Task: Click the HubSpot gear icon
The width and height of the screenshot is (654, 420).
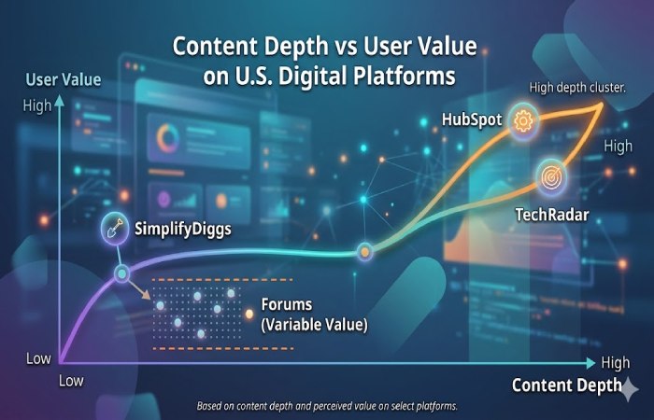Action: coord(522,120)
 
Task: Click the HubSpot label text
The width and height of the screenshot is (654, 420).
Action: coord(471,121)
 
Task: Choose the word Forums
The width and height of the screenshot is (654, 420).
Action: coord(287,305)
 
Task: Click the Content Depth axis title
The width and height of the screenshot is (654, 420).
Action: coord(565,385)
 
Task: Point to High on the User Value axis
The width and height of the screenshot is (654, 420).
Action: coord(37,105)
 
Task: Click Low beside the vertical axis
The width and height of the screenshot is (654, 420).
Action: coord(38,358)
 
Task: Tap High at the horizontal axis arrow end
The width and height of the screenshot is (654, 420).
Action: coord(616,362)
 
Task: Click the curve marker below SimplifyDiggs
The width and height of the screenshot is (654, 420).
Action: coord(121,273)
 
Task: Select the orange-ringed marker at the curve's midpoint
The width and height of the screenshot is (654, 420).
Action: coord(364,251)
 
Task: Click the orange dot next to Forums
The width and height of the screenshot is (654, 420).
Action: coord(249,314)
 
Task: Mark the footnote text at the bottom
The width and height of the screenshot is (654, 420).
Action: coord(327,406)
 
